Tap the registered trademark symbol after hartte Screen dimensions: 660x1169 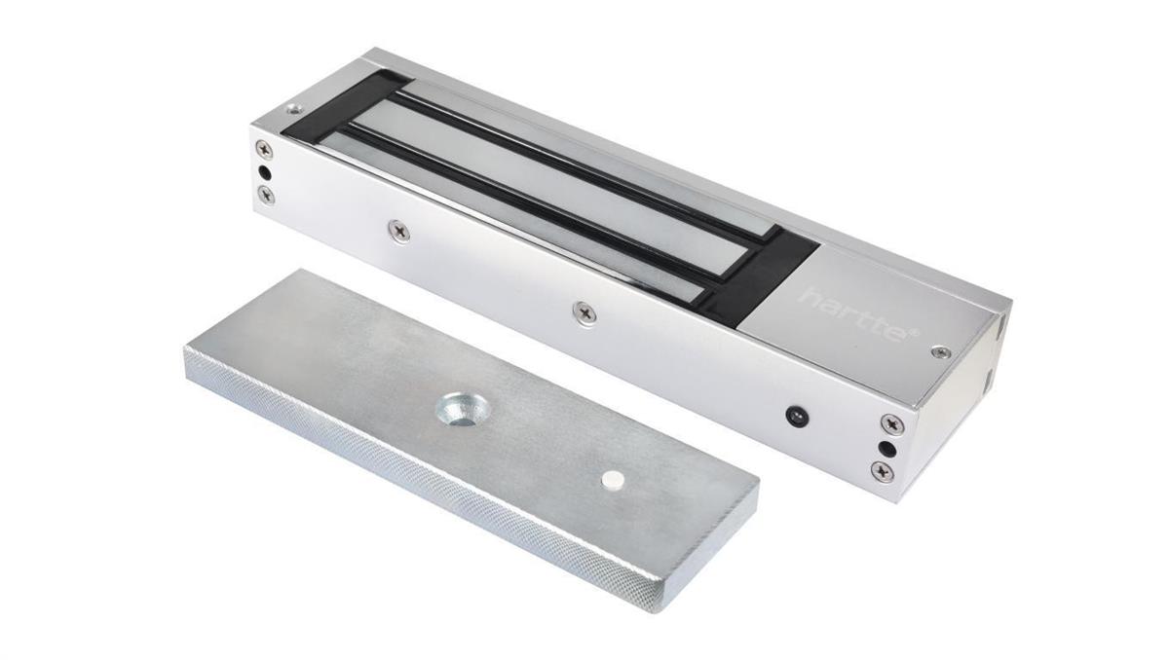click(913, 334)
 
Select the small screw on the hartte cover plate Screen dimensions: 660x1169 click(940, 351)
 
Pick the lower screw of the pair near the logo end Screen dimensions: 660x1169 click(883, 471)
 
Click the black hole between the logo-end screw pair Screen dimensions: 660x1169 click(886, 449)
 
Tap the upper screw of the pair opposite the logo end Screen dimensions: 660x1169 click(264, 149)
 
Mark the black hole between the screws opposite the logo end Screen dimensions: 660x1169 click(265, 172)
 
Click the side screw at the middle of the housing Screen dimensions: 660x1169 click(584, 312)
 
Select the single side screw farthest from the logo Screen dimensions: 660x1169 click(398, 230)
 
